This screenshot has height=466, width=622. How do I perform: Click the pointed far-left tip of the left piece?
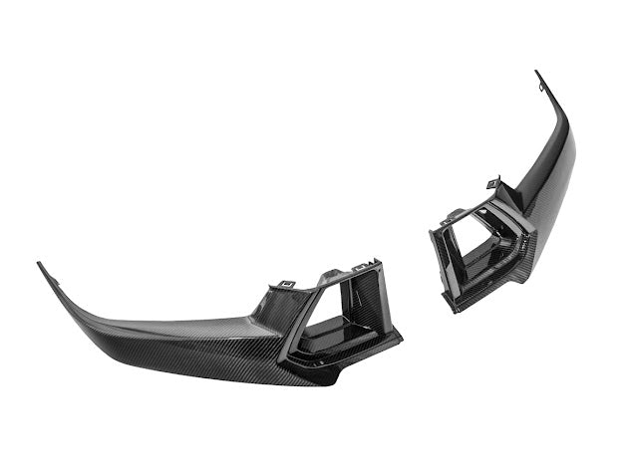[40, 265]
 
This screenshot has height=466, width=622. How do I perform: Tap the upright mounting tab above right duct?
[492, 183]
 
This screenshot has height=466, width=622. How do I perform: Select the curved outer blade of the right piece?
[553, 169]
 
